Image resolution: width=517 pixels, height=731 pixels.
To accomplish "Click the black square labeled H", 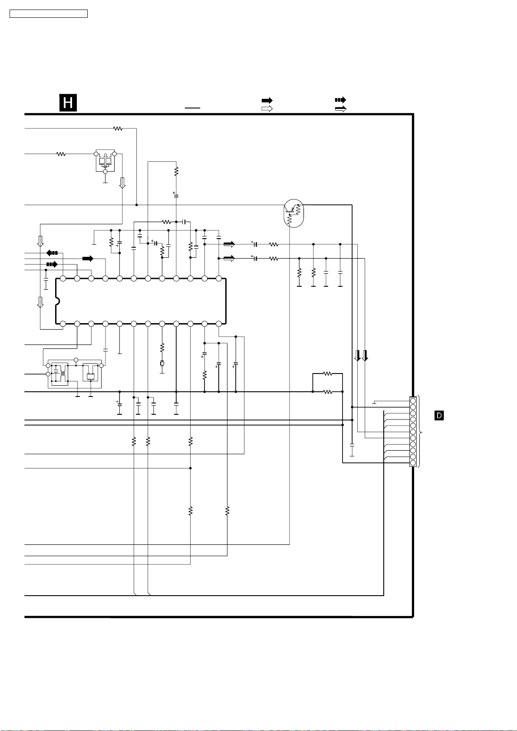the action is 68,103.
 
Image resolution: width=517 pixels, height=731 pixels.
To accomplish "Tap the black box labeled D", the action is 439,416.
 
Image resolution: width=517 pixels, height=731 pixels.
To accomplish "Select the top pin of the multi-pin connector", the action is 413,401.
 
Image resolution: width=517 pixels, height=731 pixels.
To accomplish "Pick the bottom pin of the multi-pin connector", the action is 413,463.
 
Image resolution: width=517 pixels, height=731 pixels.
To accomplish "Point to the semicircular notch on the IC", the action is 57,301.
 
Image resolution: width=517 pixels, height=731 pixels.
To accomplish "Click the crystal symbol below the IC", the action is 162,363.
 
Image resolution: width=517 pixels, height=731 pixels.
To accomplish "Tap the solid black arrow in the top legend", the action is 267,100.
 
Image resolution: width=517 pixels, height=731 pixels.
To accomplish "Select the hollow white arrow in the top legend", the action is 267,108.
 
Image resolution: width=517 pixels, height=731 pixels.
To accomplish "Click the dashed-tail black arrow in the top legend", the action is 340,100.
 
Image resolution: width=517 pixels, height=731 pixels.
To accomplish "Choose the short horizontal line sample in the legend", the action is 192,108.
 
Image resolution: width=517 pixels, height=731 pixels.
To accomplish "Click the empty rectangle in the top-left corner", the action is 49,14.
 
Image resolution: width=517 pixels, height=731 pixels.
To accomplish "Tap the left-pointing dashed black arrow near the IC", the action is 52,252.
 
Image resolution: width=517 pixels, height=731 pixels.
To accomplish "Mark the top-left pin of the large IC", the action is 63,279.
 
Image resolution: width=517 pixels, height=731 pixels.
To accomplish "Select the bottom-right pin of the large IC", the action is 219,324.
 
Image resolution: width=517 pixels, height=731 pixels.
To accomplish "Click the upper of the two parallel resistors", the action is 328,374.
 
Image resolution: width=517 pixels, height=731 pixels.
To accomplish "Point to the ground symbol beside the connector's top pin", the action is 374,403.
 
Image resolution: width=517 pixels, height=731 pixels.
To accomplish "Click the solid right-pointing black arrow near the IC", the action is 88,259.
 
